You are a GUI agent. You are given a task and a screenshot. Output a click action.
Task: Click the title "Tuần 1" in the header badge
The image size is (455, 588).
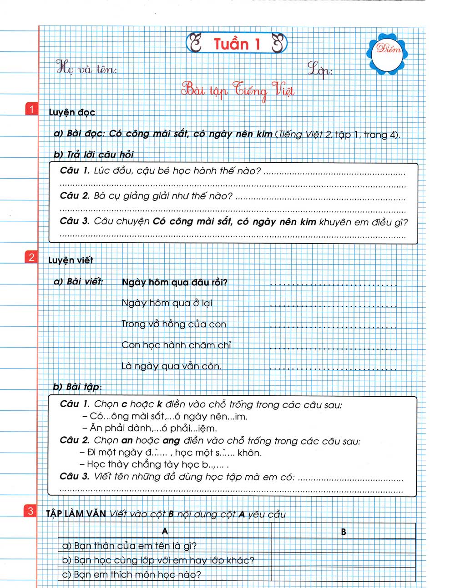pos(237,44)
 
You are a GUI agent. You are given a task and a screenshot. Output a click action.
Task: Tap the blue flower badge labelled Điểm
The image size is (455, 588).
pos(387,50)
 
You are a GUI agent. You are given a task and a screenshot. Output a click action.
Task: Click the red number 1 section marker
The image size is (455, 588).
pos(31,110)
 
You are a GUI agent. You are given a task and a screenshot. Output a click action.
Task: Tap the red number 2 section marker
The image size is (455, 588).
pos(31,257)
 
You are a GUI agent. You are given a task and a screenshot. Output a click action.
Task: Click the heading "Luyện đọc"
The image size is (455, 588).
pos(72,112)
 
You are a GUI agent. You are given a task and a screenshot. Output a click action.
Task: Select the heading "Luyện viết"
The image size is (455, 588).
pos(71,260)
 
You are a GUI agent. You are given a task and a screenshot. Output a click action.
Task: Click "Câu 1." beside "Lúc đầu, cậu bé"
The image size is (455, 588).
pos(75,171)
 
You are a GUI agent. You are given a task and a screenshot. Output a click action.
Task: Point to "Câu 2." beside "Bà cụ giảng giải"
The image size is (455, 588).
pos(75,196)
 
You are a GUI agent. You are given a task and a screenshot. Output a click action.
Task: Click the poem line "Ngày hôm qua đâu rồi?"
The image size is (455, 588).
pos(174,282)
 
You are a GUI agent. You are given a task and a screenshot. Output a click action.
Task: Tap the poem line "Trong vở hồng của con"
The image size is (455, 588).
pos(173,324)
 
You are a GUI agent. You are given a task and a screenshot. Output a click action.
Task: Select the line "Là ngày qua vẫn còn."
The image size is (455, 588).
pos(171,366)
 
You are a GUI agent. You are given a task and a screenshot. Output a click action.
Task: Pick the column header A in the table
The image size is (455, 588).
pos(165,531)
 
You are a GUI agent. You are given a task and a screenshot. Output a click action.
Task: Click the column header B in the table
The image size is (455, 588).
pos(344,532)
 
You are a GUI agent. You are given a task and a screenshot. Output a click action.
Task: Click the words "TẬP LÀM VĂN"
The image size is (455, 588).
pos(76,514)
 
